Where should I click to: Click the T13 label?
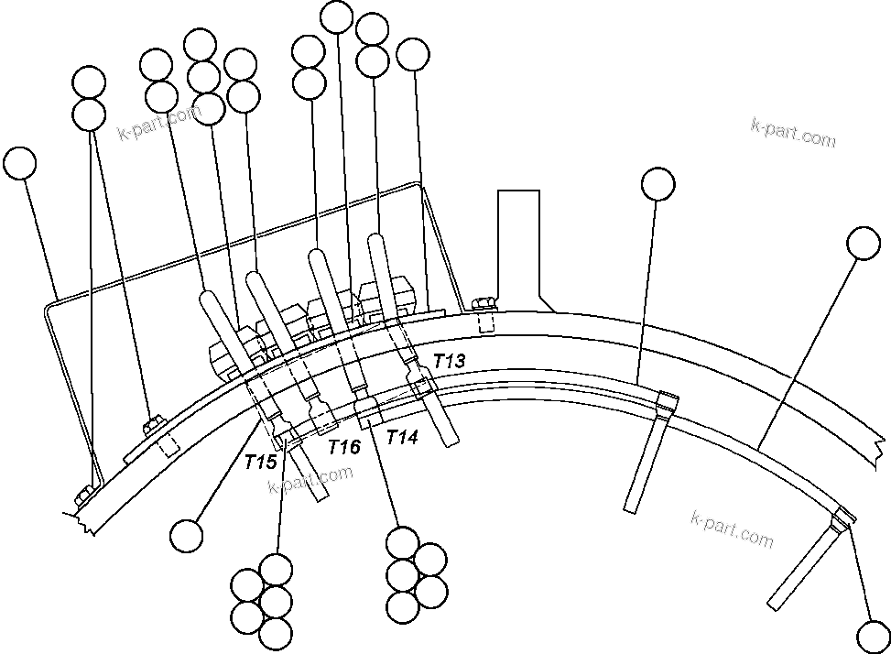click(x=449, y=361)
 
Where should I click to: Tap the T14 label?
click(x=402, y=437)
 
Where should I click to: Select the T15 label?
click(x=260, y=462)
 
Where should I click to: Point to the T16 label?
click(x=344, y=446)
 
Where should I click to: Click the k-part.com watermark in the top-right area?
click(x=792, y=133)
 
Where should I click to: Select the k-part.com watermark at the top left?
click(x=158, y=124)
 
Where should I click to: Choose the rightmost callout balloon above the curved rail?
click(x=864, y=243)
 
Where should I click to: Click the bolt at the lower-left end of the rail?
click(x=82, y=496)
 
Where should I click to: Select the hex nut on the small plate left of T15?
click(x=153, y=424)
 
